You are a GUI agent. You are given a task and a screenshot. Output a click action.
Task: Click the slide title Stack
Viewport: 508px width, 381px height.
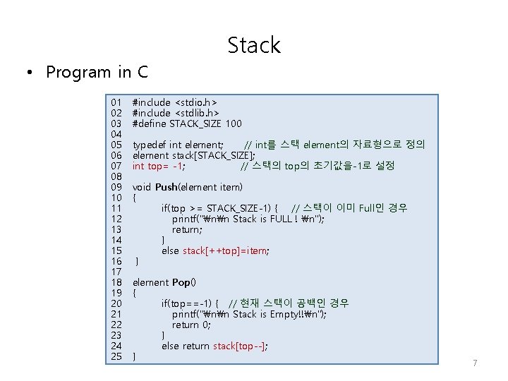coord(254,46)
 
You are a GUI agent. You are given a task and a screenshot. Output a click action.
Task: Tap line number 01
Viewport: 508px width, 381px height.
coord(117,102)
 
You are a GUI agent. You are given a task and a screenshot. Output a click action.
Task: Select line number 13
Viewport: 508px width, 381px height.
coord(117,229)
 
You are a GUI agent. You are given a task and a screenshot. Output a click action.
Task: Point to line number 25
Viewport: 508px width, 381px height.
coord(117,356)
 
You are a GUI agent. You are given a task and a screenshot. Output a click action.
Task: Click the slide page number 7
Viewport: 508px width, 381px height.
coord(475,363)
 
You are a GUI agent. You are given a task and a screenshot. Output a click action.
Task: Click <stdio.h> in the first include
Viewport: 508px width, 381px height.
coord(195,102)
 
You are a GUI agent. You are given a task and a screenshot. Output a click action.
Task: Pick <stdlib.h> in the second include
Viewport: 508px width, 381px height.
coord(197,113)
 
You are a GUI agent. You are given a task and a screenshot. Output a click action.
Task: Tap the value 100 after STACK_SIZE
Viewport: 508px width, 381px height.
coord(233,123)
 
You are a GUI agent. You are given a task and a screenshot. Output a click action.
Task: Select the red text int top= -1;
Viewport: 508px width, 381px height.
coord(159,166)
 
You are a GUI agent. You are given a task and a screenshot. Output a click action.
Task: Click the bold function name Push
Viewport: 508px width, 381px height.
coord(166,187)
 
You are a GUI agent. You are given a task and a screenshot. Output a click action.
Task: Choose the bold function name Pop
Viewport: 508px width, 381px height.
coord(181,282)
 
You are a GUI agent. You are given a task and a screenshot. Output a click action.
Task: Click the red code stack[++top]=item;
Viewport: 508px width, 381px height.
coord(226,250)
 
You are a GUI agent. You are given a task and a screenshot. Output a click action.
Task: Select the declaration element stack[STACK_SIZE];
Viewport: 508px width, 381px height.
coord(194,155)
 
